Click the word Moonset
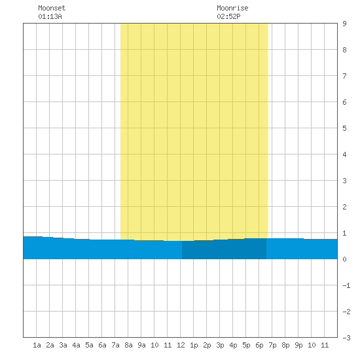[52, 8]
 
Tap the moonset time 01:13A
[50, 16]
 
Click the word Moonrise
[232, 8]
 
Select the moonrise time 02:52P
[228, 16]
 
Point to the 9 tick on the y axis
[344, 24]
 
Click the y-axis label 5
[344, 128]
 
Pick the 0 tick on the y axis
[344, 259]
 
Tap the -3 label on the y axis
[346, 338]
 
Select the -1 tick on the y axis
[346, 285]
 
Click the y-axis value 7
[344, 76]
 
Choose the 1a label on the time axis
[37, 345]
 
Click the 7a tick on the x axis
[115, 345]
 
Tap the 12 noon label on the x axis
[181, 345]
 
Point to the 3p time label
[220, 345]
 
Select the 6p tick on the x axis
[259, 345]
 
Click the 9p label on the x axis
[298, 345]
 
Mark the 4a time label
[76, 345]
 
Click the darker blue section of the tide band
[224, 249]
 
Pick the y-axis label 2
[344, 207]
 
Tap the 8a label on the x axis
[128, 345]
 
